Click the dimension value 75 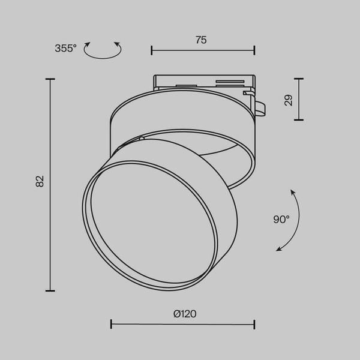201,40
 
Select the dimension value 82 40,181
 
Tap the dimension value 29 289,100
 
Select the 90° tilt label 281,220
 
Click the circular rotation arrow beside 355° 102,50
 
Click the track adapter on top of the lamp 202,83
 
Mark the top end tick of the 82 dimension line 50,79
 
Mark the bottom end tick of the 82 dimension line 50,290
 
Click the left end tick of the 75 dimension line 152,50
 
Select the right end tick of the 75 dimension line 254,50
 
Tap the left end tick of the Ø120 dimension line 112,325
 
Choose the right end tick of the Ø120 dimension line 254,325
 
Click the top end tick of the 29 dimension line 298,79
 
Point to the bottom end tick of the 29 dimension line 298,119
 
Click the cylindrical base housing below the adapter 180,114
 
